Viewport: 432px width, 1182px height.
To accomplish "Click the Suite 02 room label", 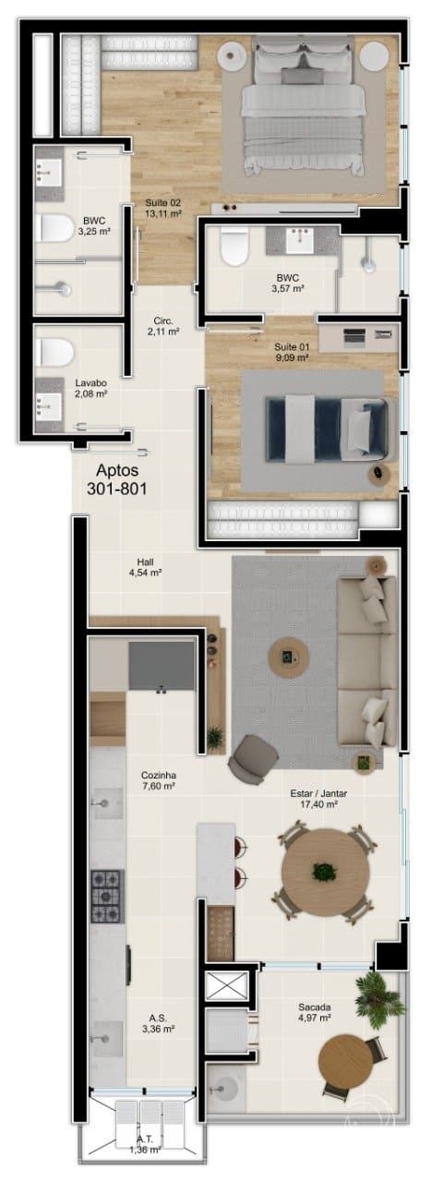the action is [x=163, y=202].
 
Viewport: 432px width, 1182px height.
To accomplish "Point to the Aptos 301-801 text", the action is [x=117, y=478].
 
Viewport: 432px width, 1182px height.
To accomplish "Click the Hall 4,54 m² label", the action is [x=145, y=567].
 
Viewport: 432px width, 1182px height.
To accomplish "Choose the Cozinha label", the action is [x=158, y=775].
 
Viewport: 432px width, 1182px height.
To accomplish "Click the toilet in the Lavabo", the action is [x=54, y=353].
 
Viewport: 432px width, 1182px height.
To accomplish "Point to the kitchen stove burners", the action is [x=107, y=897].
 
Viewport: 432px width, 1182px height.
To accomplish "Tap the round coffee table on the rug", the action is [x=288, y=657].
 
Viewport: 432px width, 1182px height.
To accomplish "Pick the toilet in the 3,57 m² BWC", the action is [x=234, y=247].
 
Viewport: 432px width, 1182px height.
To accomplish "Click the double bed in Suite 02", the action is [x=304, y=109].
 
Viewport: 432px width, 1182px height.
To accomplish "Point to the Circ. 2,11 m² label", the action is [x=163, y=326].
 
